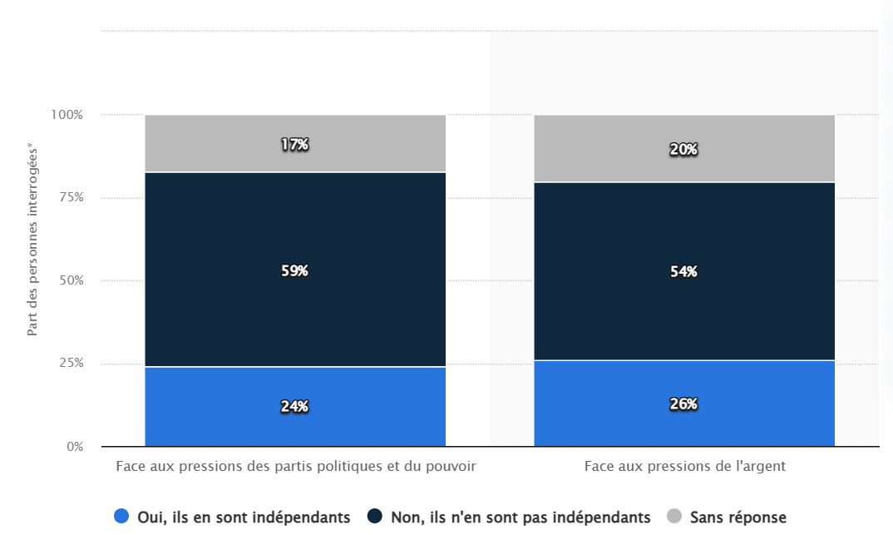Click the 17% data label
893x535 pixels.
coord(294,144)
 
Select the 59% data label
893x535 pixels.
coord(294,270)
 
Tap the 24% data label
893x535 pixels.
coord(294,406)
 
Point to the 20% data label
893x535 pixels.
coord(683,149)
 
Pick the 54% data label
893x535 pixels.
coord(683,271)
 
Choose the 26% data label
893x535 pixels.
coord(683,404)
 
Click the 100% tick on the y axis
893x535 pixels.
coord(67,115)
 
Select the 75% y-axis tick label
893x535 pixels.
coord(70,197)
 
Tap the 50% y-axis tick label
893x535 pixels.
coord(70,280)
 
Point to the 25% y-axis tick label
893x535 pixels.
coord(70,364)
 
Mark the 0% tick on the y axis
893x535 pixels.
coord(75,447)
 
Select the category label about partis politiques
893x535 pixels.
coord(295,466)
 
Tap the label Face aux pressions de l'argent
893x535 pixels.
coord(684,466)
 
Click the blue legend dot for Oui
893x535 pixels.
coord(121,517)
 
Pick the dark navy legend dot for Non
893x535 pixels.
coord(374,517)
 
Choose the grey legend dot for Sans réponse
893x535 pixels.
coord(674,517)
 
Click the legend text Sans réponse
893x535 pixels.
coord(738,518)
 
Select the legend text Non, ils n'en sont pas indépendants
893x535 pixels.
coord(521,518)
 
